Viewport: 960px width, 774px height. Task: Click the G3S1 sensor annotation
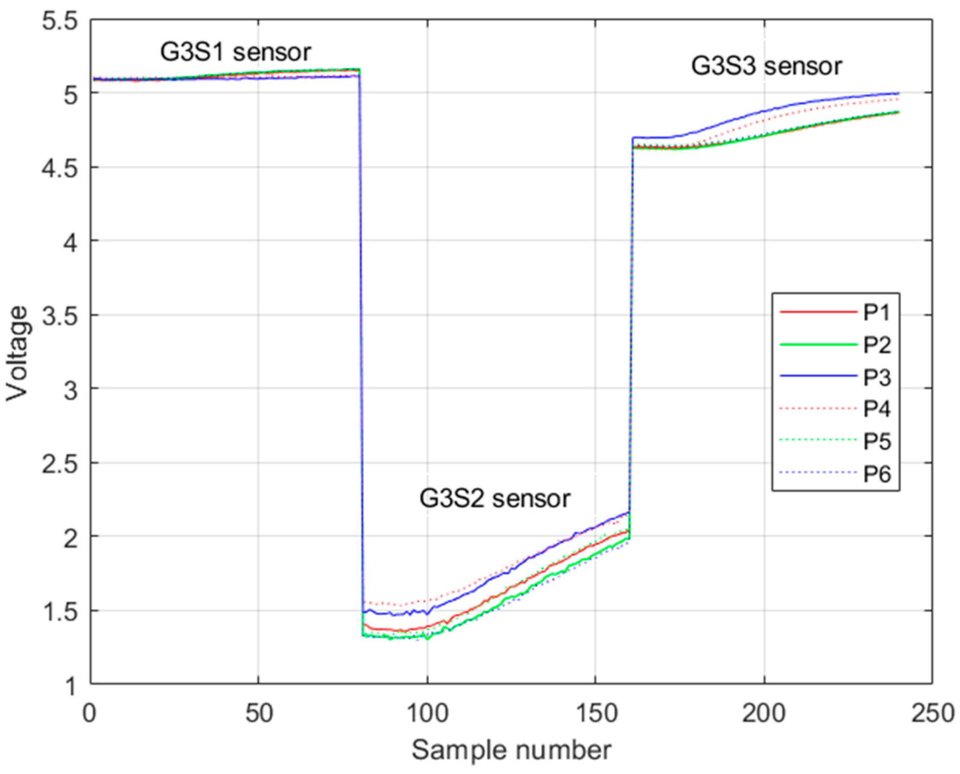pos(235,53)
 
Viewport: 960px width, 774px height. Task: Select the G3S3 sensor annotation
pos(766,66)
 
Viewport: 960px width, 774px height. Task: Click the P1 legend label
pos(876,312)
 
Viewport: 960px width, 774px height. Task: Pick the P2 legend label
pos(876,345)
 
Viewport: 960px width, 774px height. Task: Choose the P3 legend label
pos(876,377)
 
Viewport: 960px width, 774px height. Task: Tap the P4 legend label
pos(876,409)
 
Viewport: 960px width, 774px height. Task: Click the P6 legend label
pos(876,473)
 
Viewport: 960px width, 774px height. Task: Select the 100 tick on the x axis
pos(427,713)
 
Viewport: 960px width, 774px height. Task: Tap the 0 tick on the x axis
pos(91,713)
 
